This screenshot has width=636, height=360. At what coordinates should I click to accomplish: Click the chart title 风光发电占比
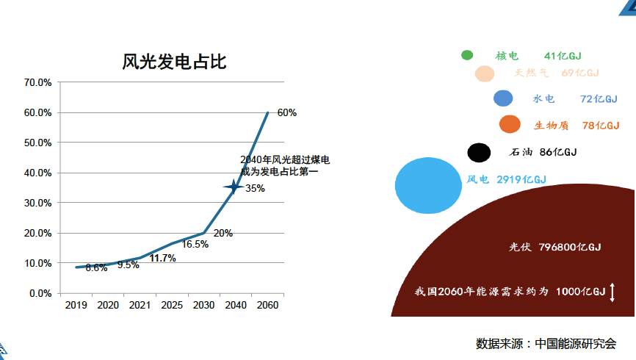click(174, 62)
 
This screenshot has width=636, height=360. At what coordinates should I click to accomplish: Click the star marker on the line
click(234, 187)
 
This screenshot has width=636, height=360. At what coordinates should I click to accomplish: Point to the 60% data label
click(286, 113)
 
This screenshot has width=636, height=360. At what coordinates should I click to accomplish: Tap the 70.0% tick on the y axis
click(37, 82)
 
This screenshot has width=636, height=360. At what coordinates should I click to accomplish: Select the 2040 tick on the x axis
click(236, 305)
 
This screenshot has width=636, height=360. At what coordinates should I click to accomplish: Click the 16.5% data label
click(195, 244)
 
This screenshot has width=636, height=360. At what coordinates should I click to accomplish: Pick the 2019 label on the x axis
click(76, 305)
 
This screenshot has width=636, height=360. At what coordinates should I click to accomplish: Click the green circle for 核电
click(467, 55)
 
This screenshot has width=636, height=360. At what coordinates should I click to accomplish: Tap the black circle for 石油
click(479, 152)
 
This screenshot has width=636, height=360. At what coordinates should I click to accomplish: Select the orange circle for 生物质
click(510, 125)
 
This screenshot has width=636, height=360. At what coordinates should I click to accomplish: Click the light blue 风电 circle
click(428, 185)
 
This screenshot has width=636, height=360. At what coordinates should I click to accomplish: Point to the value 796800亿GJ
click(570, 247)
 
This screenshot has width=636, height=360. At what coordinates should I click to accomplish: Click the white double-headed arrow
click(612, 292)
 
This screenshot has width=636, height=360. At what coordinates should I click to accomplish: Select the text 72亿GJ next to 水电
click(598, 99)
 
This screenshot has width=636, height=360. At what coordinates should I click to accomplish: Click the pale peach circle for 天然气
click(484, 73)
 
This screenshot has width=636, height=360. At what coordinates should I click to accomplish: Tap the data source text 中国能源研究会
click(575, 343)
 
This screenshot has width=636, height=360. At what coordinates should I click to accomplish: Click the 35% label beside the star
click(255, 188)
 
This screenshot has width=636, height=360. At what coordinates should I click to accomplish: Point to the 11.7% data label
click(162, 259)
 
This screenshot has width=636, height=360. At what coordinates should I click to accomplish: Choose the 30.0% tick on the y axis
click(37, 203)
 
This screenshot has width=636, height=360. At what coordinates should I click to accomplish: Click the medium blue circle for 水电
click(503, 98)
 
